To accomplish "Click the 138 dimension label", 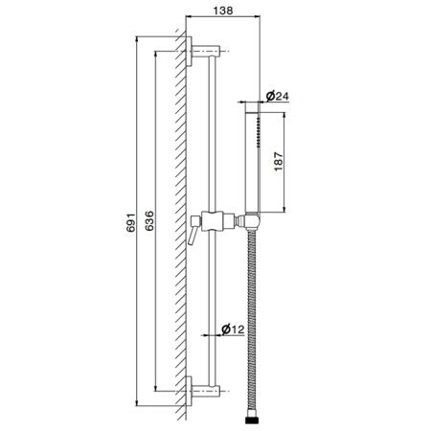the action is (223, 11).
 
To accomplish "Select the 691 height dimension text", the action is (131, 221).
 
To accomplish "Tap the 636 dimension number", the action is (149, 220).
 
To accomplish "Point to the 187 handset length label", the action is (279, 162).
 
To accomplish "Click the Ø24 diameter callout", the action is (277, 96).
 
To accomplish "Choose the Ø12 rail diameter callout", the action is (233, 329).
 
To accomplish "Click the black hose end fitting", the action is (252, 420).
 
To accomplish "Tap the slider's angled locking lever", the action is (193, 236).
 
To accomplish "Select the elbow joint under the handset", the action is (253, 221).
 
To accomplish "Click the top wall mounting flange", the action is (189, 51).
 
